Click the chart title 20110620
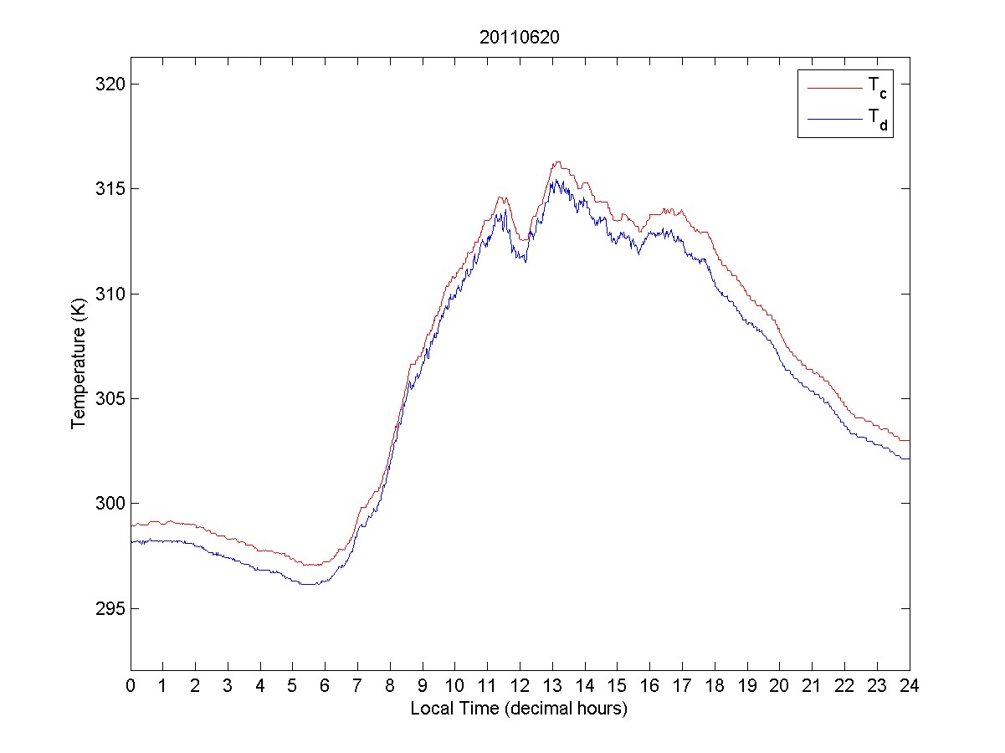[519, 38]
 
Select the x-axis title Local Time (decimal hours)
[519, 709]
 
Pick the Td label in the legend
[877, 121]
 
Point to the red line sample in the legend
[833, 87]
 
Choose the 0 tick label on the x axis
[131, 685]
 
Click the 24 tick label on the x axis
[910, 685]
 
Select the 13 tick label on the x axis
[552, 685]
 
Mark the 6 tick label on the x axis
[326, 685]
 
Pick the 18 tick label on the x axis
[715, 685]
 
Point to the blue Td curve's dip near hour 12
[525, 262]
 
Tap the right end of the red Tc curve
[909, 440]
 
